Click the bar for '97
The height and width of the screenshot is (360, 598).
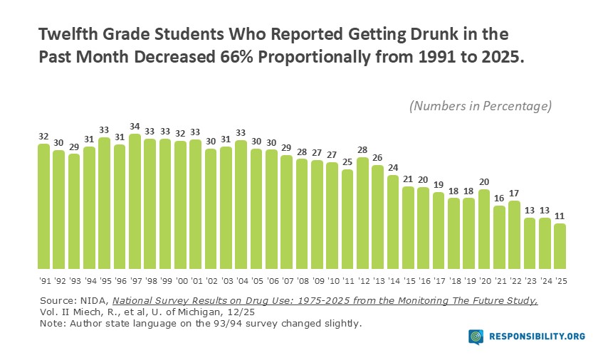[135, 200]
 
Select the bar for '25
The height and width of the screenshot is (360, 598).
[560, 245]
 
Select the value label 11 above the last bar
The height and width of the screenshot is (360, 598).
[560, 217]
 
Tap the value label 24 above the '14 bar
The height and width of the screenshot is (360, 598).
[393, 168]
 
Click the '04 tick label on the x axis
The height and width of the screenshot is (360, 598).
[241, 281]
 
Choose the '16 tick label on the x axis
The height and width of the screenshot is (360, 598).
[424, 281]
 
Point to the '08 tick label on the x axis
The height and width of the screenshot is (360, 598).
[302, 281]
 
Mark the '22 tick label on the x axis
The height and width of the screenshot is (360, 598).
[515, 281]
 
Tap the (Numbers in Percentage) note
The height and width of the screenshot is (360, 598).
[481, 106]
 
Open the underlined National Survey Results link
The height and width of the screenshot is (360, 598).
[325, 301]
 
